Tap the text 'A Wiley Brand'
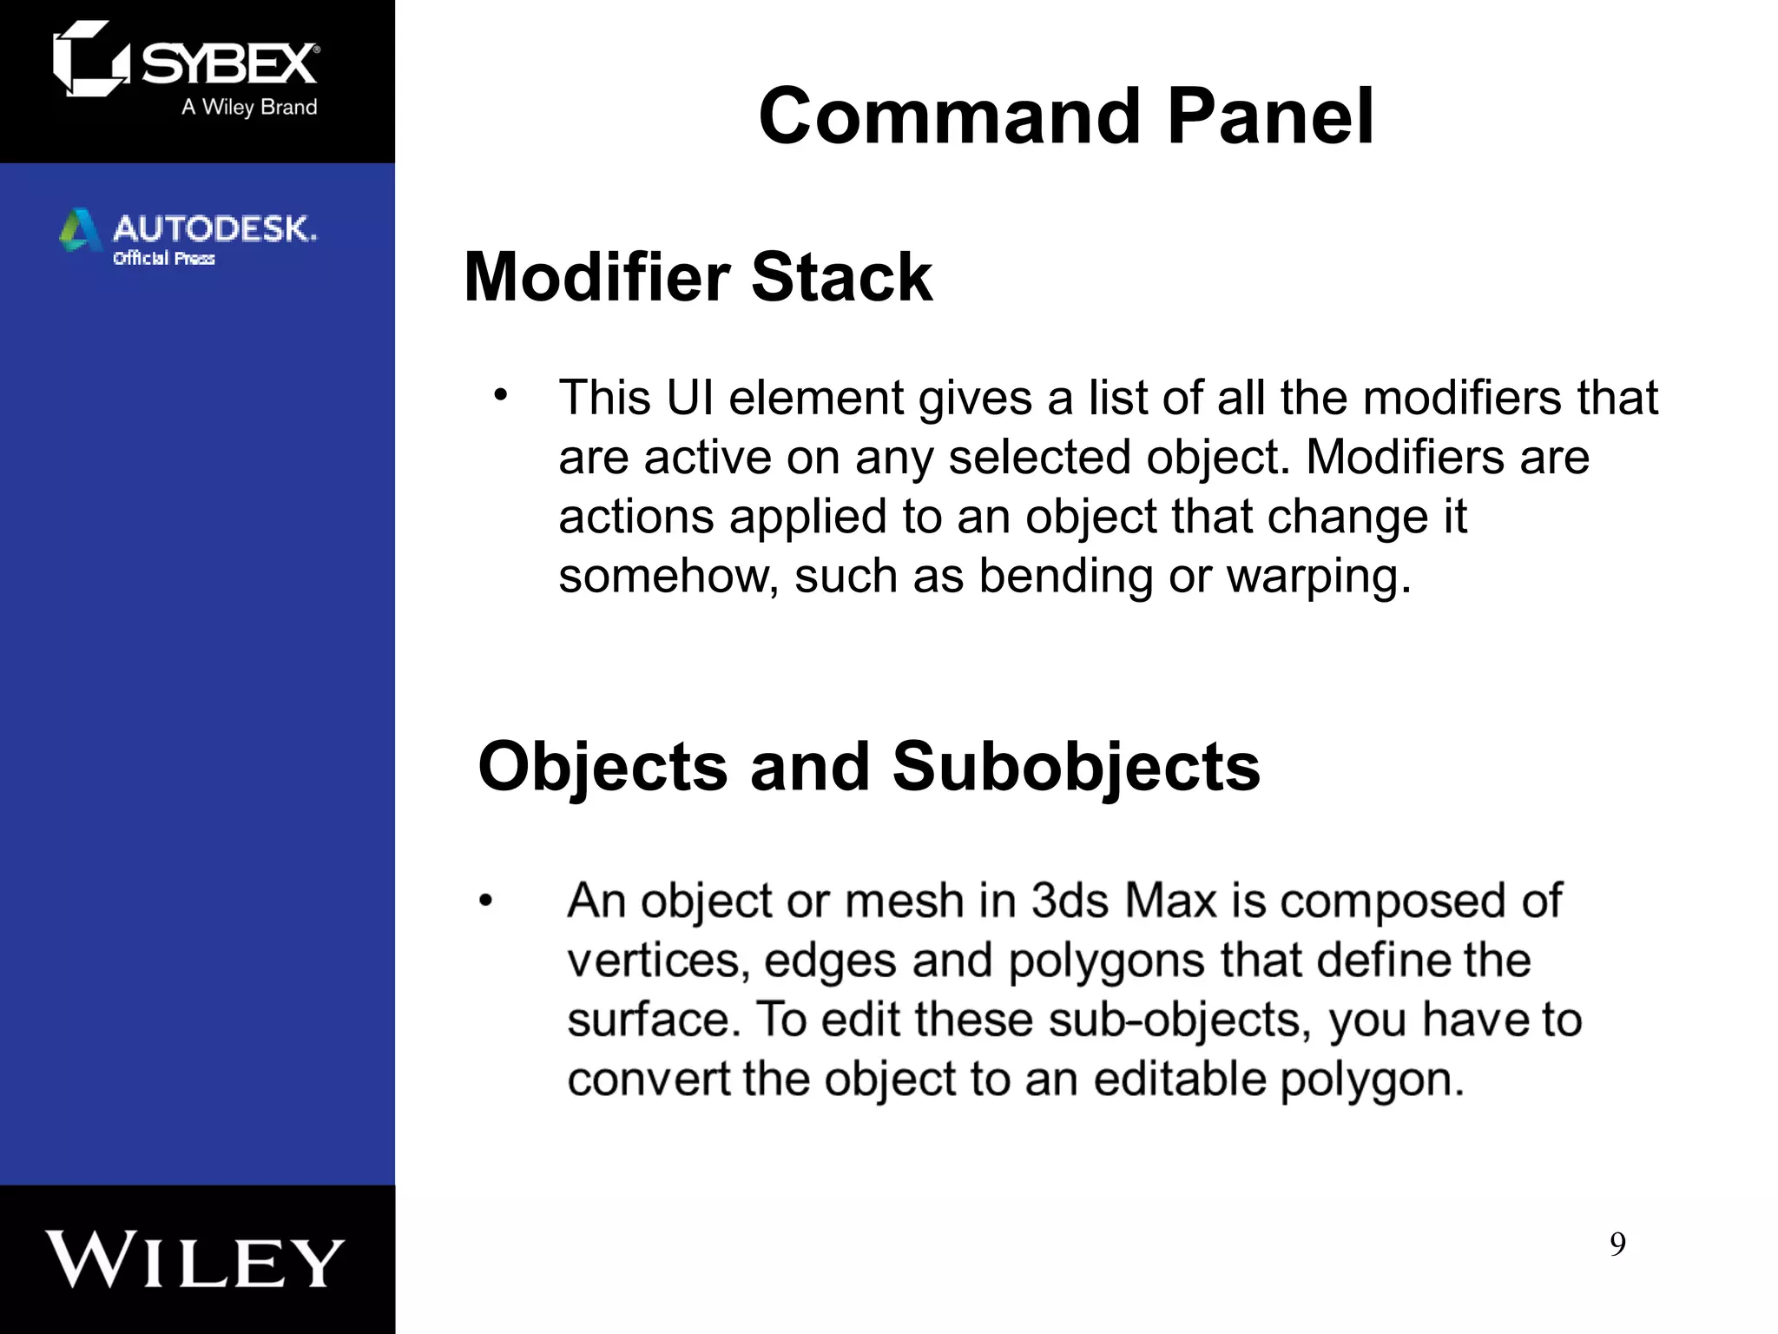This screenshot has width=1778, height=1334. tap(249, 107)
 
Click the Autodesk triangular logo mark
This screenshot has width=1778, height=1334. tap(79, 230)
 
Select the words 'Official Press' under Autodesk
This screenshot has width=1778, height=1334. tap(163, 258)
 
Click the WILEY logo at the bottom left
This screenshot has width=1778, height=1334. tap(196, 1260)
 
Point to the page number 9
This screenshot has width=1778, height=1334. tap(1617, 1245)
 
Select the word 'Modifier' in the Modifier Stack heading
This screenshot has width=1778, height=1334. tap(596, 277)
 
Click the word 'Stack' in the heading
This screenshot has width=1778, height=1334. tap(841, 277)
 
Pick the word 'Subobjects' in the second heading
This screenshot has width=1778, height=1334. tap(1076, 767)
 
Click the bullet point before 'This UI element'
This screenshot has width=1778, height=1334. tap(500, 396)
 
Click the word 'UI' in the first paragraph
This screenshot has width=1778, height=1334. tap(689, 398)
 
